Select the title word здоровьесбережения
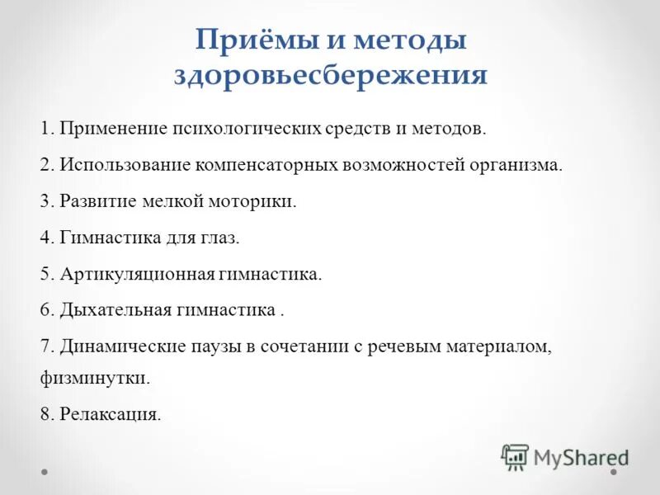coord(330,76)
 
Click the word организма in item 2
coord(512,165)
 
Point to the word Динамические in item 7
coord(120,346)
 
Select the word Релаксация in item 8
coord(110,415)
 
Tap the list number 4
coord(45,238)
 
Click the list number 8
coord(45,415)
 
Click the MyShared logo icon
coord(515,456)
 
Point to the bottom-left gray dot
coord(45,473)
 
